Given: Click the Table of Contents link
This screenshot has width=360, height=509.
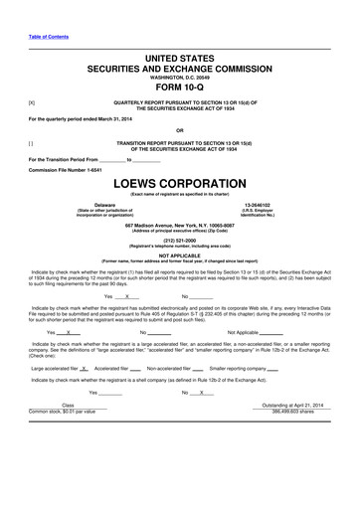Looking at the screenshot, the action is tap(49, 37).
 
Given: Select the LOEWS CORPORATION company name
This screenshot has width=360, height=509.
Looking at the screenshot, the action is tap(179, 184).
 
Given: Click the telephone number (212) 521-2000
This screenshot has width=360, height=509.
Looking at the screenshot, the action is tap(179, 239).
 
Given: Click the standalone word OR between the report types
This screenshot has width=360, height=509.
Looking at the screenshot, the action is tap(179, 129).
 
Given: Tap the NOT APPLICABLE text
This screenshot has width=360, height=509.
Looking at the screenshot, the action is tap(179, 254).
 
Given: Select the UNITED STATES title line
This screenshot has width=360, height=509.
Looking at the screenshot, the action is tap(179, 61).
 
